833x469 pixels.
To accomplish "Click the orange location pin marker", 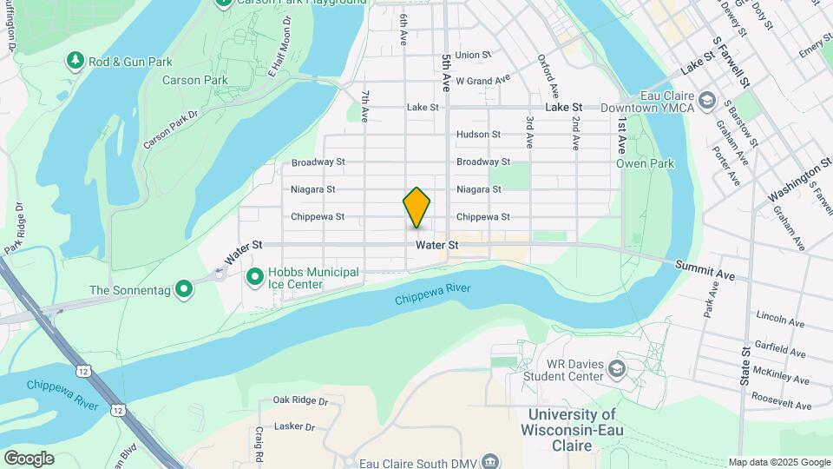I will [416, 208].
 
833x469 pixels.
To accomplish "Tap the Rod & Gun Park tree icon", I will [75, 60].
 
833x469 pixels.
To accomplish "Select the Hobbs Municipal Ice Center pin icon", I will [255, 277].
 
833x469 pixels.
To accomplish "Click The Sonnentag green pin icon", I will [183, 288].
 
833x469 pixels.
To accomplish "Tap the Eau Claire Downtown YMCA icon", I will [706, 102].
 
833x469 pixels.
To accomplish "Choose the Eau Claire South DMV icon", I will [491, 460].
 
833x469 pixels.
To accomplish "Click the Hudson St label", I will [479, 135].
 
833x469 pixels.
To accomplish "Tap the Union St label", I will [473, 55].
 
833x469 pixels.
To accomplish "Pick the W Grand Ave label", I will [482, 81].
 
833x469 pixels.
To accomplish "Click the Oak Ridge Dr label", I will [299, 400].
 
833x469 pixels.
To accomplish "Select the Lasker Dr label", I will [292, 426].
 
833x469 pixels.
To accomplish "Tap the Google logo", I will [29, 459].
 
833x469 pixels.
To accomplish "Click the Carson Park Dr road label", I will [171, 128].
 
